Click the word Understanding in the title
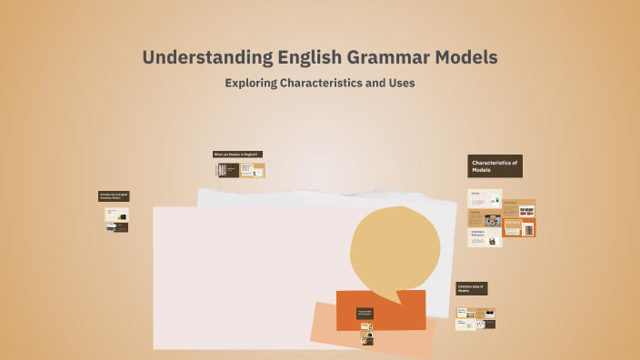point(195,57)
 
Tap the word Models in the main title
point(465,57)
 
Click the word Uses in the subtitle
point(400,83)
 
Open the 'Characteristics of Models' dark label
point(495,165)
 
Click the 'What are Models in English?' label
point(236,155)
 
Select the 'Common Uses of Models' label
point(472,288)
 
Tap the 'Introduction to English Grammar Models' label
point(114,195)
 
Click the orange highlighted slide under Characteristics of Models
point(519,227)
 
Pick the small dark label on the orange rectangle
point(365,314)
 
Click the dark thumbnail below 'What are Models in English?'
point(226,170)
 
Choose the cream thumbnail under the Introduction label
point(117,215)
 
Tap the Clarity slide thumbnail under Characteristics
point(485,198)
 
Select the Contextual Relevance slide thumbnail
point(485,237)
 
